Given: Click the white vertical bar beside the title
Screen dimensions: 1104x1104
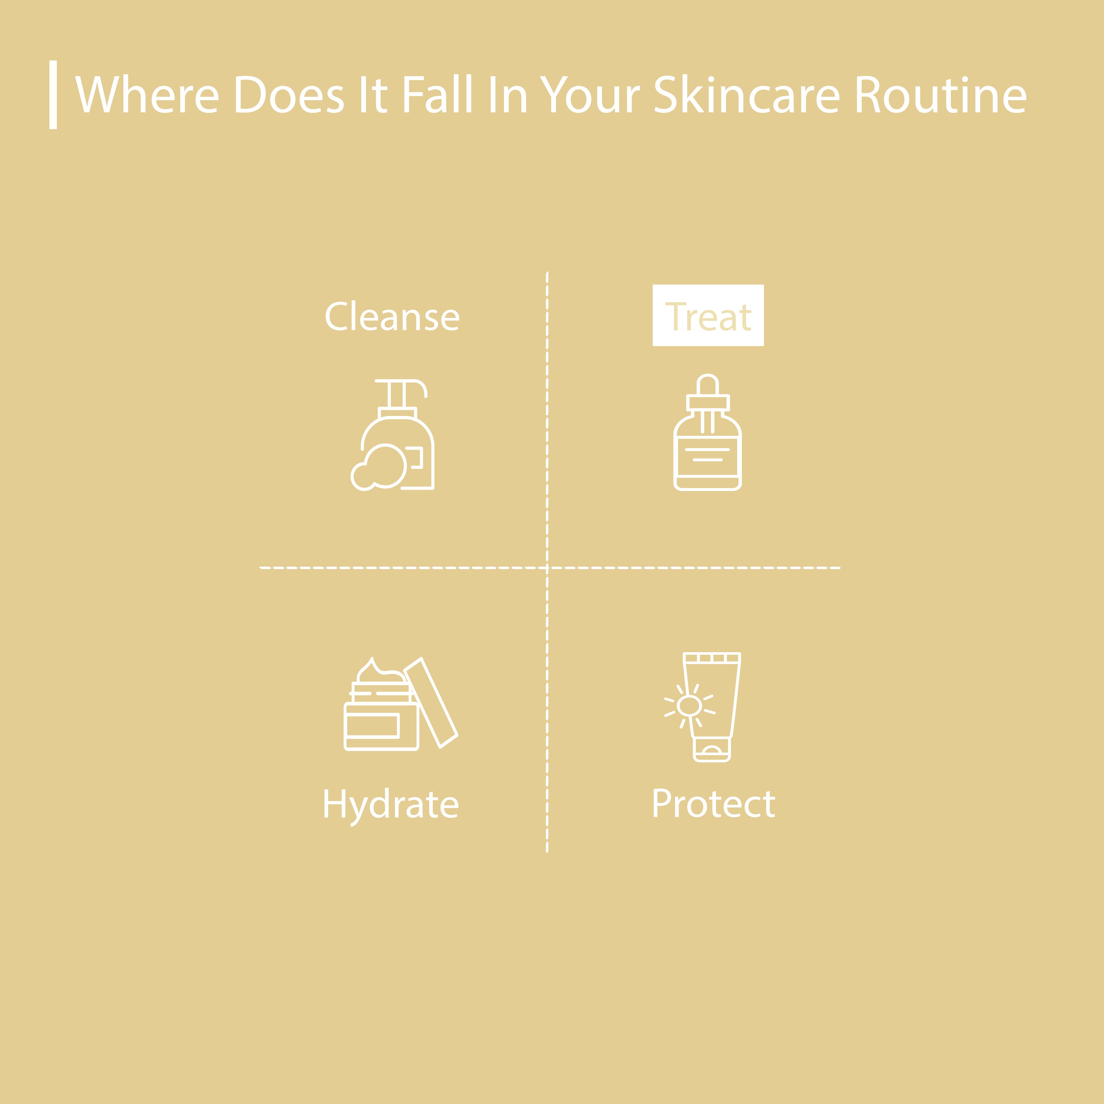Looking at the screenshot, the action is click(x=53, y=95).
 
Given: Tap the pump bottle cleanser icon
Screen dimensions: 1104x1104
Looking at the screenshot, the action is click(x=392, y=435).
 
